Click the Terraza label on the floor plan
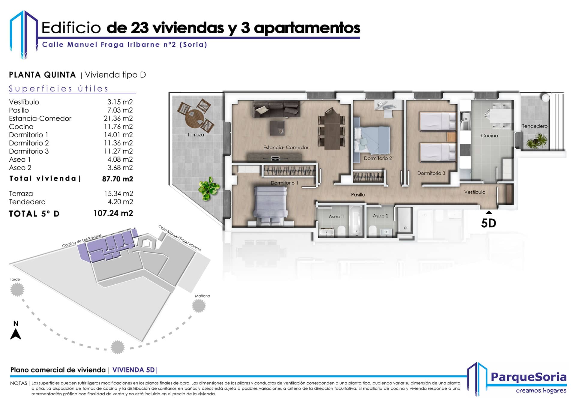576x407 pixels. [x=196, y=135]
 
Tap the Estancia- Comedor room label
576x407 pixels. [x=286, y=147]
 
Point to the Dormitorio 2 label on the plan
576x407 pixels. [x=378, y=158]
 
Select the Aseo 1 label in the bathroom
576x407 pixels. [x=336, y=216]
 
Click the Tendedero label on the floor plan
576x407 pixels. [x=535, y=126]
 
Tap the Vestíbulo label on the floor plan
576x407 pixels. [x=475, y=192]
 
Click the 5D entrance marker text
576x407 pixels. [x=488, y=223]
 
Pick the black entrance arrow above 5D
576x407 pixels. [x=489, y=212]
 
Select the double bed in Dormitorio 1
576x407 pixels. [x=270, y=206]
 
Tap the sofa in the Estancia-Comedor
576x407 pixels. [x=276, y=109]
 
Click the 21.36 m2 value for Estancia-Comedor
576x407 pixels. [x=118, y=118]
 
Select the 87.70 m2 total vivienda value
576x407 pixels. [x=118, y=179]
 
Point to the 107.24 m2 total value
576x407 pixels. [x=113, y=213]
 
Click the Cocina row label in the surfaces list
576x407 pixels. [x=21, y=127]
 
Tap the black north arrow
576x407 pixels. [x=16, y=334]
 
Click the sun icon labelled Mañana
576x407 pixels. [x=199, y=306]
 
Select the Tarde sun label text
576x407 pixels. [x=15, y=279]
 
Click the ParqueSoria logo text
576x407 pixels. [x=529, y=377]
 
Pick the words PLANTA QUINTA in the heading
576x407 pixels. [x=42, y=75]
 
